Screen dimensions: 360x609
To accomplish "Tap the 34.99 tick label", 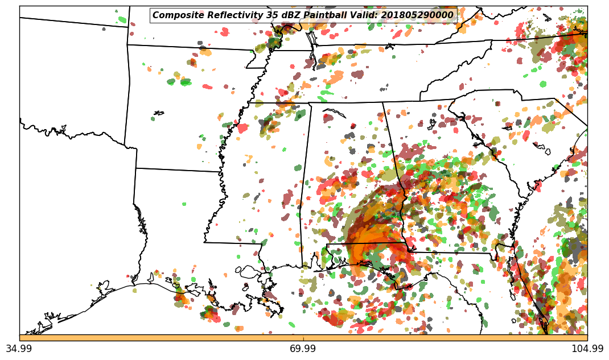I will coord(19,349).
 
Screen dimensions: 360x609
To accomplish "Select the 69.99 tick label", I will coord(303,349).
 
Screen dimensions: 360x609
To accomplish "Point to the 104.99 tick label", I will coord(587,349).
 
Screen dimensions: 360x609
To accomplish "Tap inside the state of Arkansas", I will coord(182,131).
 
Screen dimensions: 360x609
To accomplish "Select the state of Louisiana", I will coord(171,227).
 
